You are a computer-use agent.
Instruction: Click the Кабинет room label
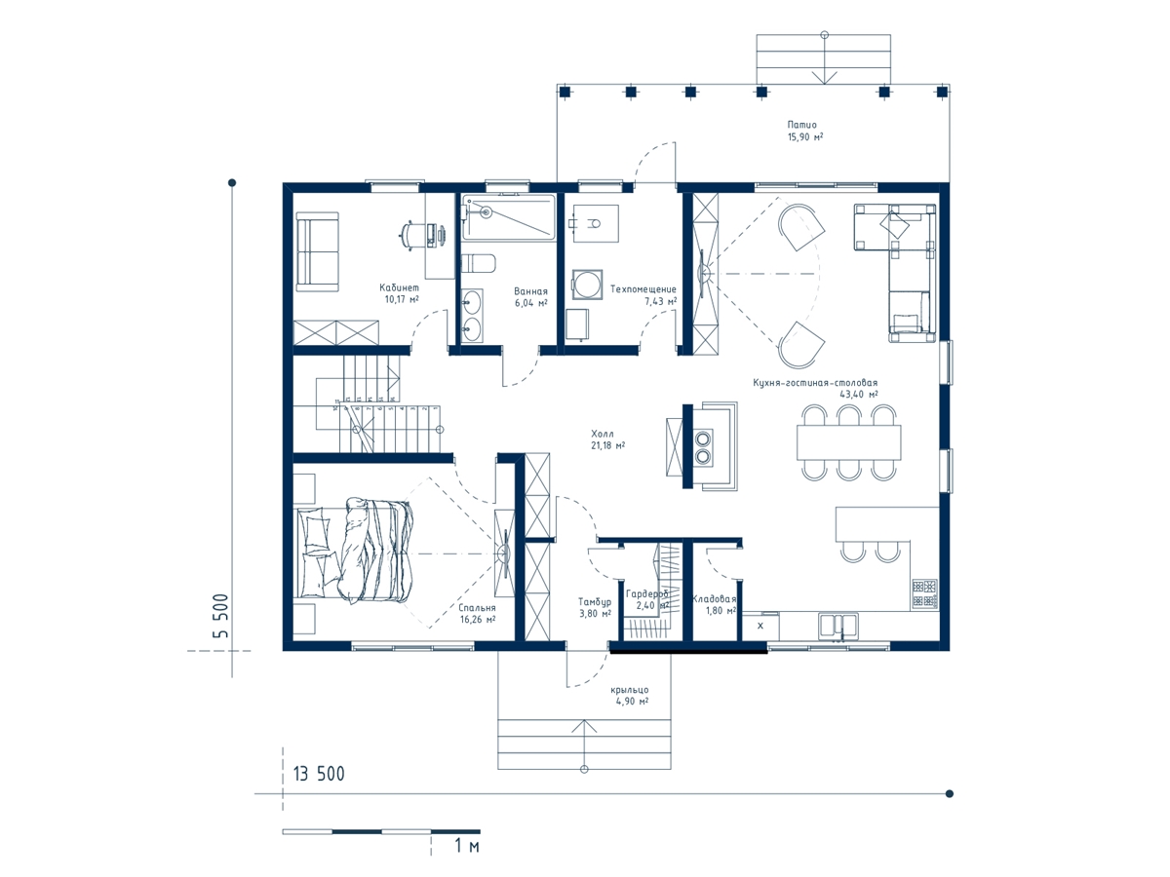(x=399, y=287)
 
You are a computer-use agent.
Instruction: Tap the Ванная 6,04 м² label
(x=530, y=297)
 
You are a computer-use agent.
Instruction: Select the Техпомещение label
(x=643, y=289)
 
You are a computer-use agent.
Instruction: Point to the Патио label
(x=801, y=125)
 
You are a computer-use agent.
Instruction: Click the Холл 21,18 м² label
(x=607, y=439)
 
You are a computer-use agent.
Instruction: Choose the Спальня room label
(x=477, y=607)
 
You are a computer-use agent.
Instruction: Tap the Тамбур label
(x=595, y=601)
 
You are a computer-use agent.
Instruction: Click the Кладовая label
(x=715, y=599)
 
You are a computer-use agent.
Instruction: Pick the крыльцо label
(x=630, y=690)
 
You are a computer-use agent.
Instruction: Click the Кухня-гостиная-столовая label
(x=815, y=382)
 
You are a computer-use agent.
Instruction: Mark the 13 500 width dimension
(x=319, y=774)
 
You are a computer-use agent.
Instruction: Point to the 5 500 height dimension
(x=220, y=616)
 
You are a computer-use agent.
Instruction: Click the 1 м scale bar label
(x=467, y=846)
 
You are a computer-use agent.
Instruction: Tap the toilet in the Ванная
(x=478, y=262)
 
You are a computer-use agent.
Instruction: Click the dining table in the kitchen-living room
(x=848, y=442)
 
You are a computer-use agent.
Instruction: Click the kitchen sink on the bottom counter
(x=838, y=626)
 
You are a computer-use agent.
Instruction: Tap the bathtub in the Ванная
(x=509, y=217)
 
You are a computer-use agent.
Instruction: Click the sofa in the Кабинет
(x=317, y=251)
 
